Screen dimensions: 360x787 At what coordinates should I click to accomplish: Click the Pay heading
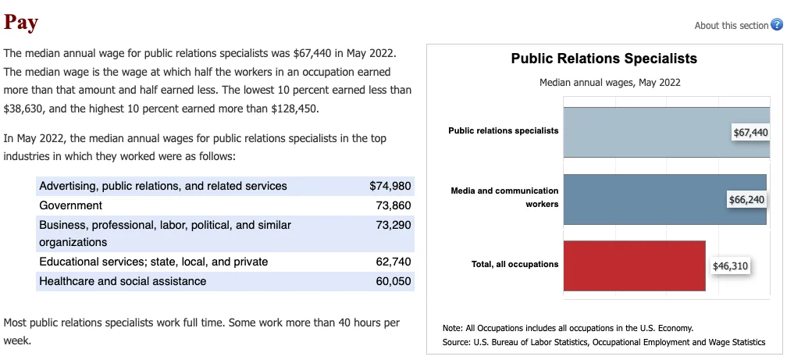(x=21, y=22)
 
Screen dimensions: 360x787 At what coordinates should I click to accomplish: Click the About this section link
(x=731, y=26)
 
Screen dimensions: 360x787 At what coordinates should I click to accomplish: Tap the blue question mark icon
(x=776, y=25)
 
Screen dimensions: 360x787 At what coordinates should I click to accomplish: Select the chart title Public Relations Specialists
(x=604, y=59)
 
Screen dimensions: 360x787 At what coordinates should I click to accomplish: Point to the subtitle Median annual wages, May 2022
(x=609, y=83)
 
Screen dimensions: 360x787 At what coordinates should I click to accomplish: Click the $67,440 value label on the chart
(x=750, y=133)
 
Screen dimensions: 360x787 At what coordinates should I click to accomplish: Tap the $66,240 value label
(x=746, y=199)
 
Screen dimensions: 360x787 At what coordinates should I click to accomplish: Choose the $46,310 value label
(x=730, y=266)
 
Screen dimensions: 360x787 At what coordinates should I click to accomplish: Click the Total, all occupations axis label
(x=515, y=264)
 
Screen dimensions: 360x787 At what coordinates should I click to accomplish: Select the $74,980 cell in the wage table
(x=390, y=186)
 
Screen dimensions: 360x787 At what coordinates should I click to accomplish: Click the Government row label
(x=70, y=205)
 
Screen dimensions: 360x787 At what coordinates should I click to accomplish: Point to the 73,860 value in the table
(x=393, y=205)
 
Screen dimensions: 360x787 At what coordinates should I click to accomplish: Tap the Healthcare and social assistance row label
(x=123, y=281)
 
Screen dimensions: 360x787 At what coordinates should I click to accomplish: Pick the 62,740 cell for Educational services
(x=393, y=262)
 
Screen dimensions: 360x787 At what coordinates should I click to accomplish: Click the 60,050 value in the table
(x=393, y=281)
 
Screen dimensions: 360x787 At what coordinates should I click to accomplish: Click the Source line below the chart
(x=604, y=342)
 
